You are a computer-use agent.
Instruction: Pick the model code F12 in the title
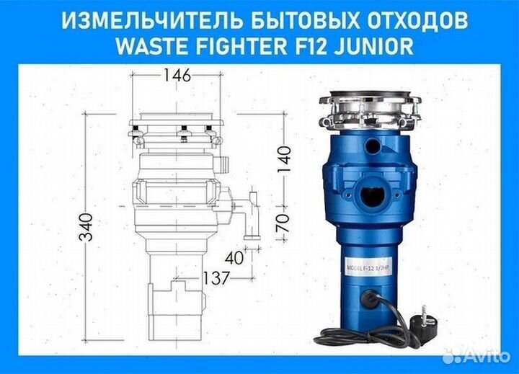click(x=308, y=47)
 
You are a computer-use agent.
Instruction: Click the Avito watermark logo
click(x=475, y=356)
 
